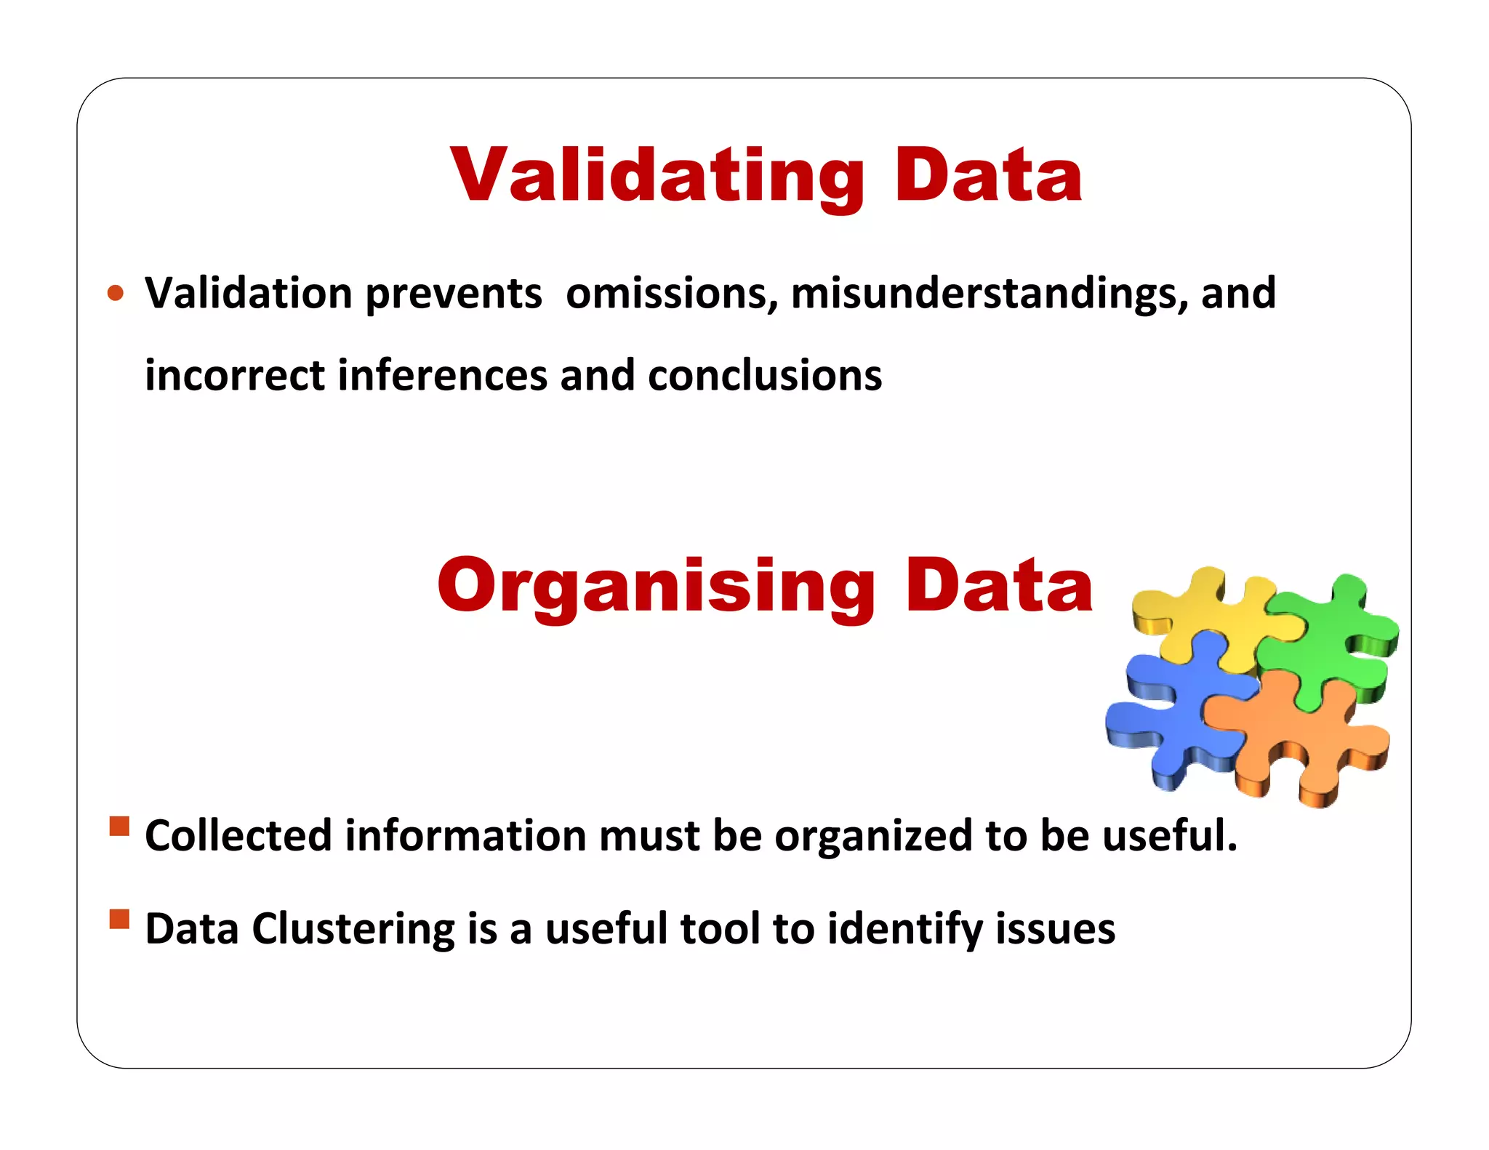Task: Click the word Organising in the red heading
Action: [656, 585]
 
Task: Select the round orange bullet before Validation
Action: [116, 294]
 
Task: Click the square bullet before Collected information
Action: [119, 827]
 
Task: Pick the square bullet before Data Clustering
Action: [119, 920]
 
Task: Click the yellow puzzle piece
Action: [1203, 614]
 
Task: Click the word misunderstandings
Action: [990, 294]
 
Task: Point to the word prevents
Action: [454, 294]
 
